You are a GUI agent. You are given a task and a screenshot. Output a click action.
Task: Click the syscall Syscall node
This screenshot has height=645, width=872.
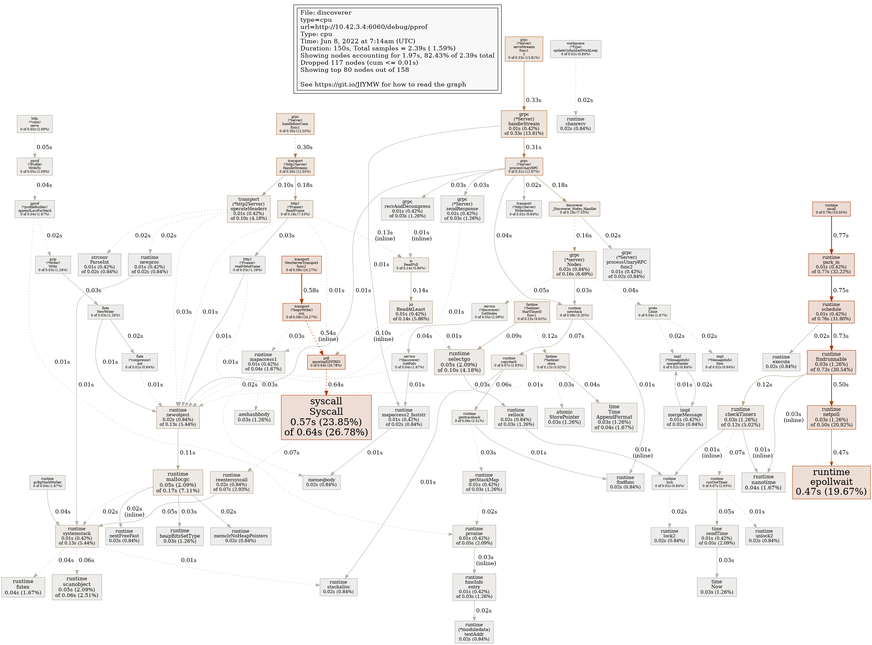click(x=326, y=417)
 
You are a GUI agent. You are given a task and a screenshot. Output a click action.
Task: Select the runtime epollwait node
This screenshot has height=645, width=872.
click(x=831, y=482)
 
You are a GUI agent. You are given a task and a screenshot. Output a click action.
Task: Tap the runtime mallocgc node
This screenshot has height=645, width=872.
click(x=178, y=482)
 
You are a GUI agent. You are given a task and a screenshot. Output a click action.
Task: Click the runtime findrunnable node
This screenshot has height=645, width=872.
click(x=831, y=362)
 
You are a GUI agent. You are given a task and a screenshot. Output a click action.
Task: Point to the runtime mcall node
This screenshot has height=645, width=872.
click(x=831, y=209)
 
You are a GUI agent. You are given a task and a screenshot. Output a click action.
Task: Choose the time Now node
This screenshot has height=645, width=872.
click(x=717, y=587)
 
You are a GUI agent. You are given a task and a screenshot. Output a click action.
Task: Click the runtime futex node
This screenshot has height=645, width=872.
click(x=23, y=587)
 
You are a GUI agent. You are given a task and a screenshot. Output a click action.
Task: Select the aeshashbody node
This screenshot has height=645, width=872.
click(x=254, y=417)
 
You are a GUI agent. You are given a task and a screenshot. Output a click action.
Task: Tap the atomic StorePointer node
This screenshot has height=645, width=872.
click(x=564, y=417)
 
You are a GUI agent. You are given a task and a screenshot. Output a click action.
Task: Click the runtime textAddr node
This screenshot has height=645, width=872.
click(x=474, y=632)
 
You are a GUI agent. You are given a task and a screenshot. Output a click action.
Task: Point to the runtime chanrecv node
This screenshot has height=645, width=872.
click(x=575, y=124)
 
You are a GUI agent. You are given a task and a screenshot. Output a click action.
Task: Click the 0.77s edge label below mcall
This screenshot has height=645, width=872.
click(x=841, y=236)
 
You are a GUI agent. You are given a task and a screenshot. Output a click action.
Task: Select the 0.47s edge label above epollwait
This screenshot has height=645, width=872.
click(x=841, y=453)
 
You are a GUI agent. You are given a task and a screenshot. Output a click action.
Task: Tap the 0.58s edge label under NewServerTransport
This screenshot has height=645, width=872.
click(x=311, y=290)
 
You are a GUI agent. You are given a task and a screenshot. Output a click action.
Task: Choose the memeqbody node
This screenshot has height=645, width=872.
click(x=321, y=482)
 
